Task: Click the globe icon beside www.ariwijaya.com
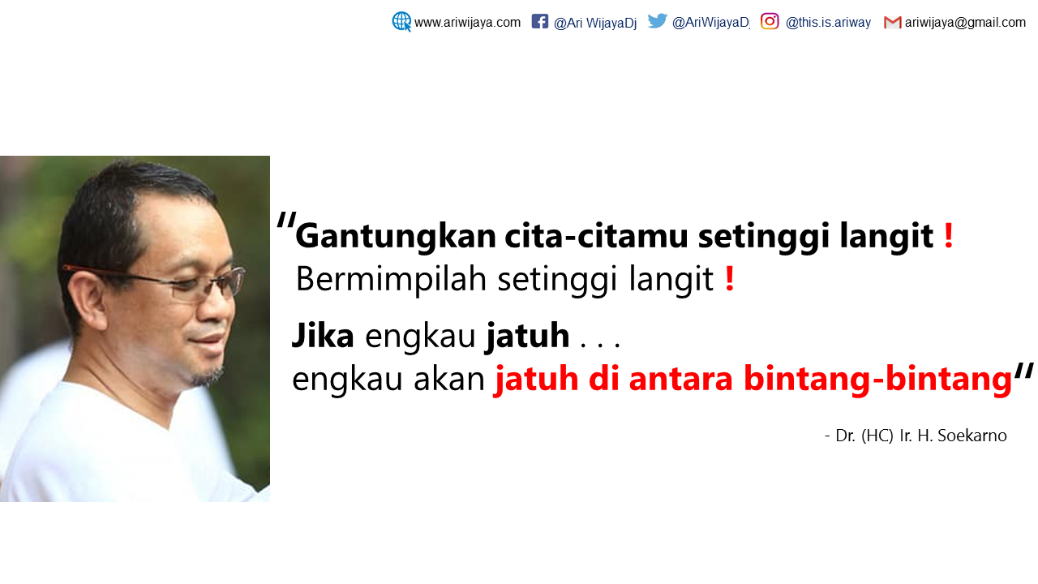click(401, 22)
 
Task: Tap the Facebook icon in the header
click(540, 22)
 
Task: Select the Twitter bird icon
click(658, 21)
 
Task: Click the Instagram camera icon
click(770, 22)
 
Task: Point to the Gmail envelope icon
click(893, 23)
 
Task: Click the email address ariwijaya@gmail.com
click(965, 23)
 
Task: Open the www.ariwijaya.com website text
click(467, 23)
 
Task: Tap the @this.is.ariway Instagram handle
click(828, 23)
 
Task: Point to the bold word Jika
click(323, 336)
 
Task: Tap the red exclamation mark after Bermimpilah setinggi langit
click(730, 279)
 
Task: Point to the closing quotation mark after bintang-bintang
click(1024, 372)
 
